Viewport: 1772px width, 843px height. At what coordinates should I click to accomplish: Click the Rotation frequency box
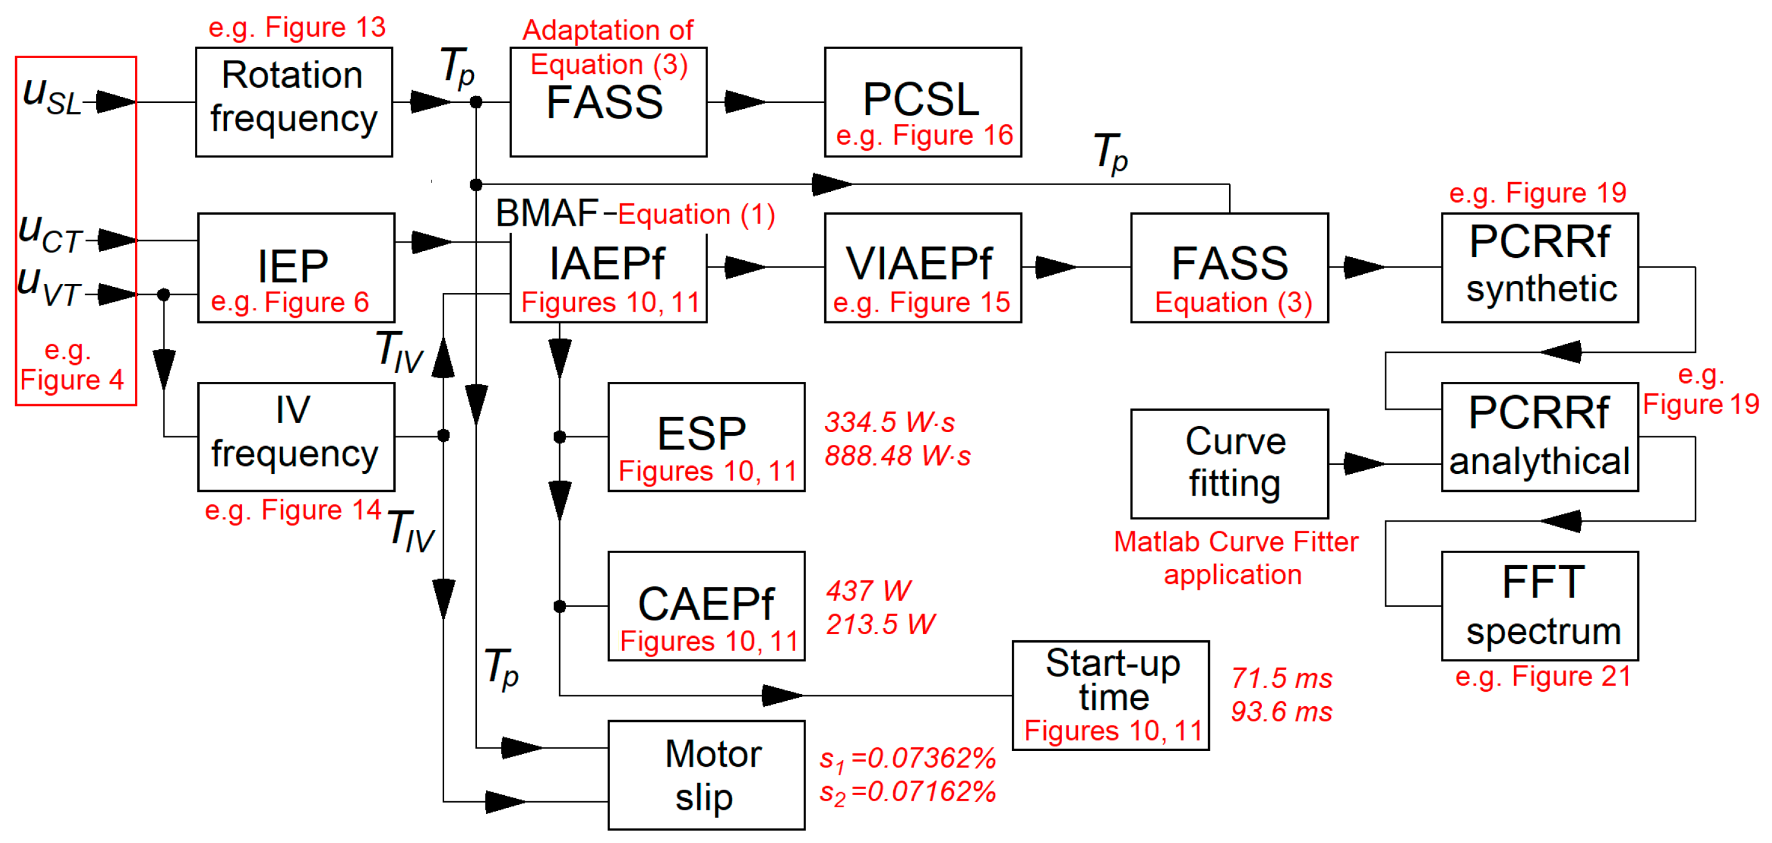[294, 102]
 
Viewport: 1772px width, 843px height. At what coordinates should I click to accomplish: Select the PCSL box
[922, 102]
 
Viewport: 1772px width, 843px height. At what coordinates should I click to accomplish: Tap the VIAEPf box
[922, 267]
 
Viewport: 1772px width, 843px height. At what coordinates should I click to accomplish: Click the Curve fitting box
[1229, 464]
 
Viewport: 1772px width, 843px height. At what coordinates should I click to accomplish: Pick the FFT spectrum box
[1540, 606]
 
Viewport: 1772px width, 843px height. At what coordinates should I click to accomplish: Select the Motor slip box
[706, 775]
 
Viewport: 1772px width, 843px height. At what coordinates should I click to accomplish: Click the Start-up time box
[1111, 695]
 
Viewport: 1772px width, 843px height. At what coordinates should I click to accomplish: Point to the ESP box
[706, 436]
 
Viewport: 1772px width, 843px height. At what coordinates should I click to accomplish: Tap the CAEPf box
[706, 606]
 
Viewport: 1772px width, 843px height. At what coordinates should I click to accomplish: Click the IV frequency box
[296, 436]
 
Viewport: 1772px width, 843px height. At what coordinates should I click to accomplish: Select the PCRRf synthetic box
[1540, 267]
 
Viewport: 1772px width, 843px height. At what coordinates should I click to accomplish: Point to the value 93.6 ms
[1281, 712]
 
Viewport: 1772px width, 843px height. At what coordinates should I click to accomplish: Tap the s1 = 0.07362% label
[907, 758]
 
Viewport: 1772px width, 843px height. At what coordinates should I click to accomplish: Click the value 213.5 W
[880, 625]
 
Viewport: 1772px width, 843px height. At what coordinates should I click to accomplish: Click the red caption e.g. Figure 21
[1542, 677]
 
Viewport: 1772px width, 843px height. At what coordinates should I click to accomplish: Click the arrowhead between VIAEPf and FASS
[1055, 267]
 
